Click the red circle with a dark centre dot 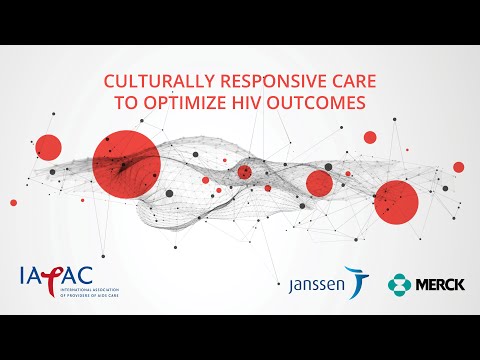(x=245, y=172)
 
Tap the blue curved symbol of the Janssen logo (x=355, y=281)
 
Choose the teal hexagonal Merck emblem (x=401, y=284)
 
